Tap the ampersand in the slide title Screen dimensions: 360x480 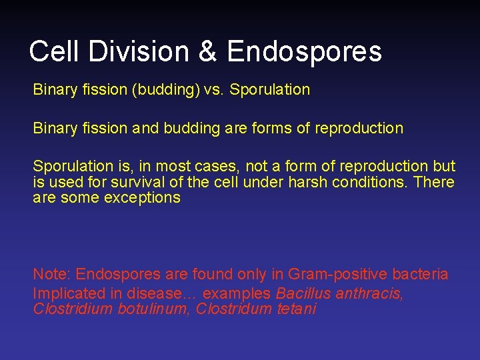[207, 51]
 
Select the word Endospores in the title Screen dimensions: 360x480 [304, 51]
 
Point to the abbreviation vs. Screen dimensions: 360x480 [216, 89]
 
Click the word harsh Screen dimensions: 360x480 [305, 182]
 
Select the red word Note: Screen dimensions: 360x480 [52, 274]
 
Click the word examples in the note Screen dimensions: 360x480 [237, 293]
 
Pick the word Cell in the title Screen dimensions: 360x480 [54, 51]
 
